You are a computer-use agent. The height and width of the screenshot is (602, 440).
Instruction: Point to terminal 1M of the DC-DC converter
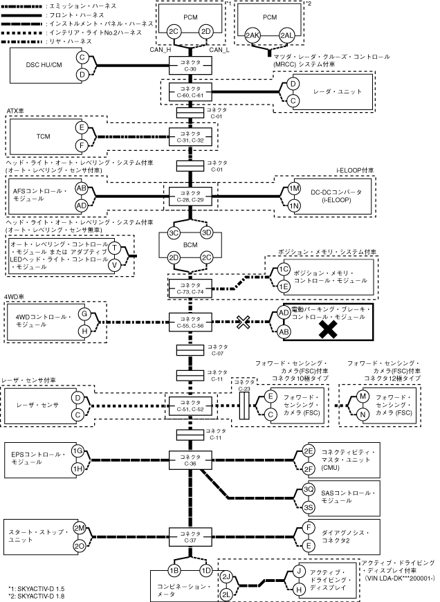click(294, 188)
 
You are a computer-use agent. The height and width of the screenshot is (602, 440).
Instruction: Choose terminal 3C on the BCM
click(174, 232)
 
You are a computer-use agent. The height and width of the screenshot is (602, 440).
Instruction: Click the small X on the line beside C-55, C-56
click(242, 321)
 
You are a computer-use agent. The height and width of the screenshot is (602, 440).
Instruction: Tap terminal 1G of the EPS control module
click(79, 450)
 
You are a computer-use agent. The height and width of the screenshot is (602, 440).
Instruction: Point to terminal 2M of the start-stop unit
click(79, 528)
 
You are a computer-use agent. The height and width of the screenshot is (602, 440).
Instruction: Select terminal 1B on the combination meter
click(175, 570)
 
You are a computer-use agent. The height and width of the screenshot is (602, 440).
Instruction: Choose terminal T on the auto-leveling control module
click(115, 249)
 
